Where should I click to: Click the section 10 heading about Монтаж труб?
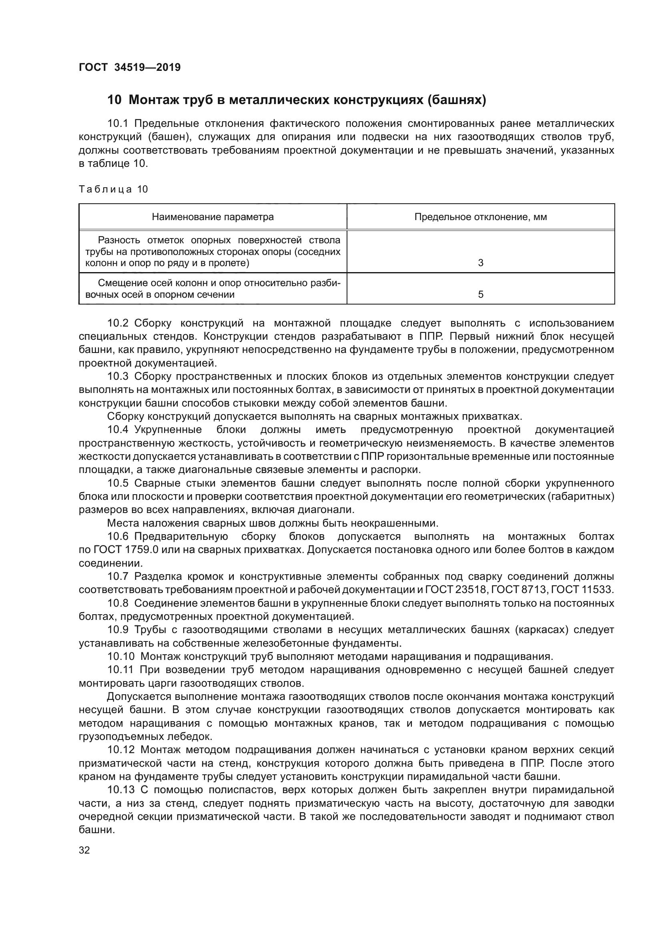(x=296, y=100)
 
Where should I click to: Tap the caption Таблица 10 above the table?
(x=113, y=189)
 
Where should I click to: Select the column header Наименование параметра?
(x=213, y=217)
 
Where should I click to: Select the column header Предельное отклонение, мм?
(x=481, y=217)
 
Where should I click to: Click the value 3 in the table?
(x=481, y=263)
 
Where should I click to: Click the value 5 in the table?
(x=481, y=295)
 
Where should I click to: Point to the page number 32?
(x=84, y=850)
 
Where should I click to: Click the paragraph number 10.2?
(x=118, y=323)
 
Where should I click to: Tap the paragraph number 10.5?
(x=118, y=483)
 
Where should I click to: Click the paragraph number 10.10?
(x=120, y=657)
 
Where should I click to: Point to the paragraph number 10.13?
(x=120, y=790)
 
